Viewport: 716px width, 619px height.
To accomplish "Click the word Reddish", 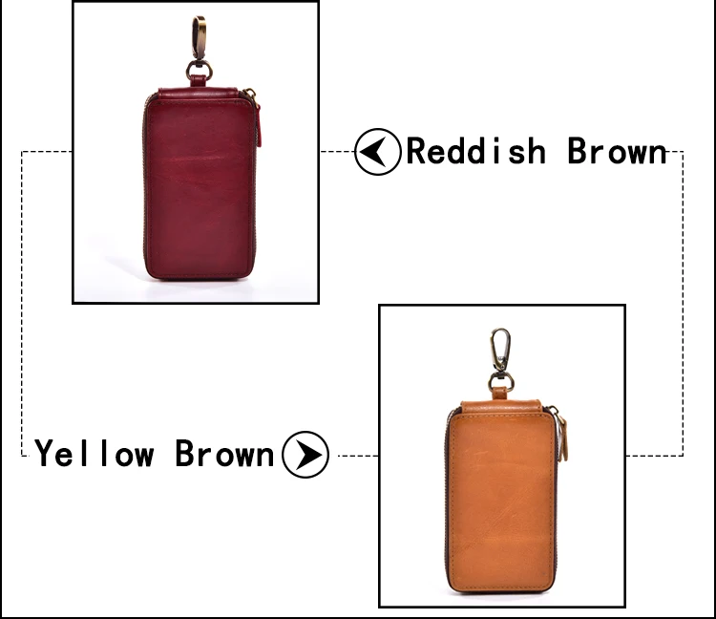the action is point(476,152).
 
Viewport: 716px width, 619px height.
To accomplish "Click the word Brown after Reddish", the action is point(617,152).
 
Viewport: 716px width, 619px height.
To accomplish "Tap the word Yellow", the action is point(95,453).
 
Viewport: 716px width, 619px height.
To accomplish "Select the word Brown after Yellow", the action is point(224,453).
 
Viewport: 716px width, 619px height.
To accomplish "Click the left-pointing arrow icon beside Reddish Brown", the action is point(378,152).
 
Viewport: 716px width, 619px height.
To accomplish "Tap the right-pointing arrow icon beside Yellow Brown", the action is point(305,454).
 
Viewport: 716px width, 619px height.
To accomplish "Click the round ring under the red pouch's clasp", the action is point(200,71).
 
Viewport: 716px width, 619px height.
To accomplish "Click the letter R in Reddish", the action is point(417,152).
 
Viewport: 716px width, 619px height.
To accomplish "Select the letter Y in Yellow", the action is point(45,453).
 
